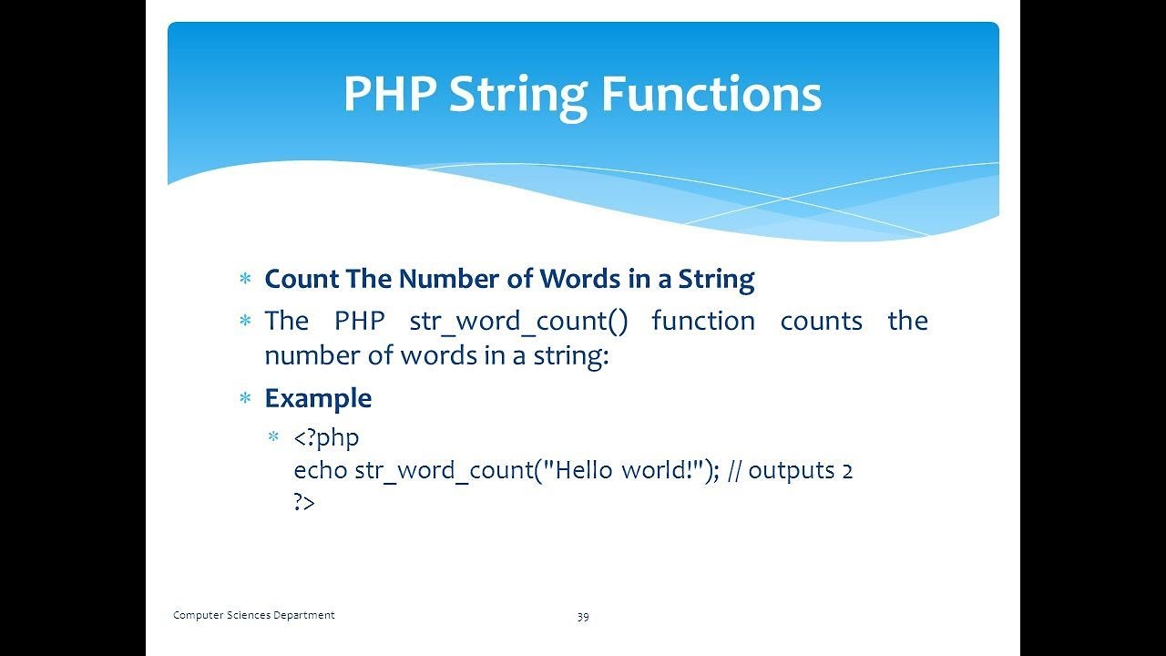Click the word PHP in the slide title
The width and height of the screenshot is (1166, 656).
tap(390, 94)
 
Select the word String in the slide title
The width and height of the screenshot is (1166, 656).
tap(518, 97)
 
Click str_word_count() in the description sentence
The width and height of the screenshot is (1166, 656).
tap(518, 322)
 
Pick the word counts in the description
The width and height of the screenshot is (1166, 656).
tap(822, 322)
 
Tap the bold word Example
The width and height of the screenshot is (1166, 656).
tap(318, 399)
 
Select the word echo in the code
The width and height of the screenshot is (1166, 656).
tap(321, 470)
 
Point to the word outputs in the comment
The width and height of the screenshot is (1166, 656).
tap(792, 471)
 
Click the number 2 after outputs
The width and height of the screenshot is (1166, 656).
tap(847, 472)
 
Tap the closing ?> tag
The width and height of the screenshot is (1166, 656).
tap(304, 502)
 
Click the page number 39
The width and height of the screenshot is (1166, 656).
tap(583, 617)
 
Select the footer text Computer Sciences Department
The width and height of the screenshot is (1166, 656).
tap(253, 615)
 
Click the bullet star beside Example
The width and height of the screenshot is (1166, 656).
tap(245, 399)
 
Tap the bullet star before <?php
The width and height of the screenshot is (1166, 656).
tap(274, 436)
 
